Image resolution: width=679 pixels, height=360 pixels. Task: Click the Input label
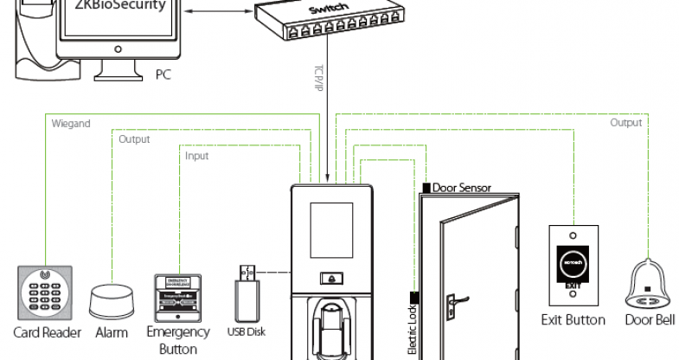click(x=197, y=156)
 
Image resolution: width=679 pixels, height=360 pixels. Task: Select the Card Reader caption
click(x=47, y=332)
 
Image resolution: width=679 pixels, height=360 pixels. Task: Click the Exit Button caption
click(x=573, y=320)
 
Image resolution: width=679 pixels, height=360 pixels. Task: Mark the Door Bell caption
click(x=650, y=320)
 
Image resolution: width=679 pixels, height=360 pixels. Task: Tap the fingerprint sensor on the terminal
click(x=331, y=324)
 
